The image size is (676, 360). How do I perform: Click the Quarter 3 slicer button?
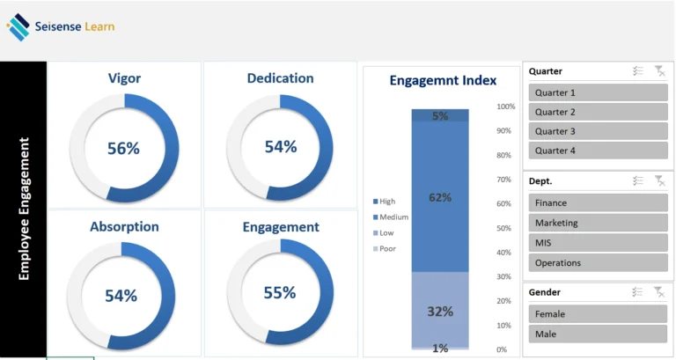pyautogui.click(x=598, y=131)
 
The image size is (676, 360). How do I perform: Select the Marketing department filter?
pyautogui.click(x=598, y=223)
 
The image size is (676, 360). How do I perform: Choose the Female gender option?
pyautogui.click(x=598, y=314)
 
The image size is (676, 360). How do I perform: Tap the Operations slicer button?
pyautogui.click(x=598, y=262)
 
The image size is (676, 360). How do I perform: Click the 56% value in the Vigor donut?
pyautogui.click(x=123, y=149)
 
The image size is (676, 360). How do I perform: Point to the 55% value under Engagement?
pyautogui.click(x=280, y=293)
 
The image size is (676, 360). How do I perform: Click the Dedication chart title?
pyautogui.click(x=280, y=78)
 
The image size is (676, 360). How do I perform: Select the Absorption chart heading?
pyautogui.click(x=124, y=227)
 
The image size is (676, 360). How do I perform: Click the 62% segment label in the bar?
pyautogui.click(x=440, y=197)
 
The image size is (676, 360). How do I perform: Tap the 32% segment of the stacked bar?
pyautogui.click(x=440, y=311)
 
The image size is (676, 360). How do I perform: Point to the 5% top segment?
pyautogui.click(x=440, y=115)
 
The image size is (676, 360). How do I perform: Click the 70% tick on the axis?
pyautogui.click(x=505, y=180)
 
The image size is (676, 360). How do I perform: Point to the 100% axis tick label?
pyautogui.click(x=506, y=107)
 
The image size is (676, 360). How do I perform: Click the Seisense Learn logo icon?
pyautogui.click(x=18, y=27)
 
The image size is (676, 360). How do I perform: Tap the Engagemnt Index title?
pyautogui.click(x=443, y=81)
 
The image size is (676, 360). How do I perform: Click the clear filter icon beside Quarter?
pyautogui.click(x=659, y=71)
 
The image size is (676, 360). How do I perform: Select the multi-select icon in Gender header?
pyautogui.click(x=638, y=292)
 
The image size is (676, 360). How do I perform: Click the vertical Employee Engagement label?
pyautogui.click(x=24, y=209)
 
